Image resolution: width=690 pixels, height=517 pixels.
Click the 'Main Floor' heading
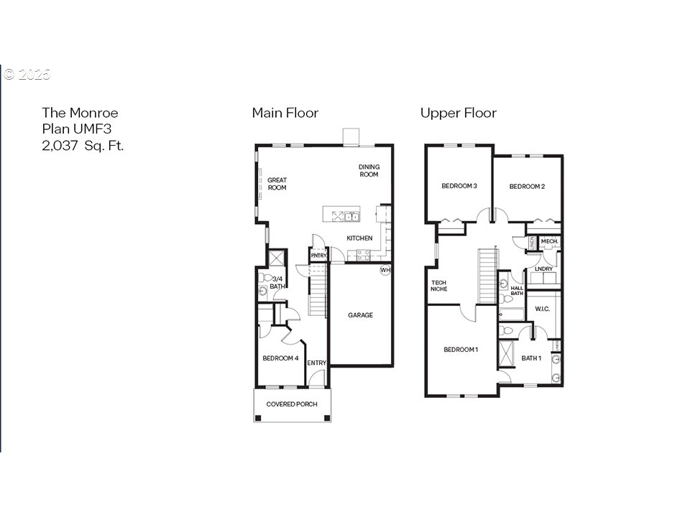click(285, 113)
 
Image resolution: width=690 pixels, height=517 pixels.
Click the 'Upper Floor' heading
click(458, 113)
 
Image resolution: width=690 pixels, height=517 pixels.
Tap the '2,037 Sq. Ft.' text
click(83, 145)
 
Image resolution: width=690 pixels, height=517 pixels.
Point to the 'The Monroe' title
click(79, 113)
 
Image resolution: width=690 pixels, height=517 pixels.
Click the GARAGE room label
click(360, 315)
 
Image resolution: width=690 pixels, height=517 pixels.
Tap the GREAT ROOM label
click(277, 184)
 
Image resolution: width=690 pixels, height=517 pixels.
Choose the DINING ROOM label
click(369, 171)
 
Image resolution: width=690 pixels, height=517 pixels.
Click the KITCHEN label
click(359, 238)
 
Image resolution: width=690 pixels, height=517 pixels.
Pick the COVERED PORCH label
click(292, 404)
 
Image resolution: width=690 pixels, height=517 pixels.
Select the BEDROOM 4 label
click(280, 358)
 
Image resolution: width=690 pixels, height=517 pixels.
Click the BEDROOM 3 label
click(459, 187)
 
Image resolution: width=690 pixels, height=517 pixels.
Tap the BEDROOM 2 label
click(527, 187)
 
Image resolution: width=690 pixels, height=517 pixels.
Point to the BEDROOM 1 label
click(461, 350)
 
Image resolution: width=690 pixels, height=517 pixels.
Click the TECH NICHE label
click(438, 286)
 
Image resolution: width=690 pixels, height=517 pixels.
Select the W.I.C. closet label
click(542, 309)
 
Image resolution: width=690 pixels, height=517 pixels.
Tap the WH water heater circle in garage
click(385, 271)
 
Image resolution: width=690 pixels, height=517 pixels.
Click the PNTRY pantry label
click(318, 256)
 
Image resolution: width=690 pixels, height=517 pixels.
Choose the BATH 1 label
click(531, 358)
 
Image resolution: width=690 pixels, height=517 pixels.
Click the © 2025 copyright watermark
click(27, 75)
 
